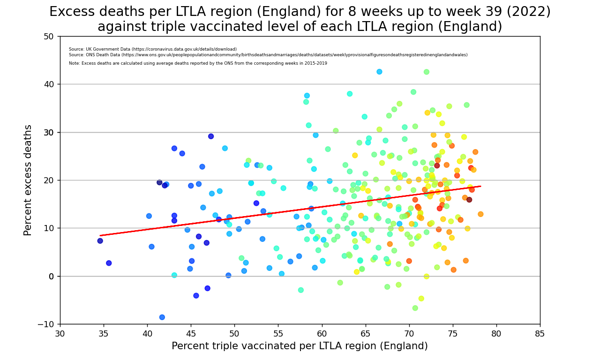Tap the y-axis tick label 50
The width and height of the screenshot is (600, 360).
click(x=49, y=37)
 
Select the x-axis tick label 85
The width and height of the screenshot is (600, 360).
click(x=540, y=334)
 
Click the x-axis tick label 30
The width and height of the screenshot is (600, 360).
click(x=60, y=334)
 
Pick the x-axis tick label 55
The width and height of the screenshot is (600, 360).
click(x=278, y=334)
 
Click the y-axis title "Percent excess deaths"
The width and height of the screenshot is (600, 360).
click(x=28, y=180)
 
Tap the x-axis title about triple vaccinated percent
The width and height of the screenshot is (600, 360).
click(x=300, y=346)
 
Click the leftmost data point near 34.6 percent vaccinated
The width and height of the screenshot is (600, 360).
click(x=100, y=241)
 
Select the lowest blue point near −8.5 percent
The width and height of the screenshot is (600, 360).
click(x=162, y=317)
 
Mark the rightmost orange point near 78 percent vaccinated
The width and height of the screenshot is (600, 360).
click(x=480, y=214)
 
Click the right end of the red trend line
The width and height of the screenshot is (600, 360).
click(x=480, y=186)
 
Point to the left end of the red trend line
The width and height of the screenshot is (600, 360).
click(x=100, y=235)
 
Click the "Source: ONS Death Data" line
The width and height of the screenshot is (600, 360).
click(x=268, y=55)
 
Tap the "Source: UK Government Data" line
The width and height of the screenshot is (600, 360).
click(x=153, y=49)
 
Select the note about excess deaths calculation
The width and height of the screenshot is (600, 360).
click(x=198, y=63)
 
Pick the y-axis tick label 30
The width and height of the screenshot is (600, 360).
click(x=49, y=132)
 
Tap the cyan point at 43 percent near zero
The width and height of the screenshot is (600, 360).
click(x=174, y=275)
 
